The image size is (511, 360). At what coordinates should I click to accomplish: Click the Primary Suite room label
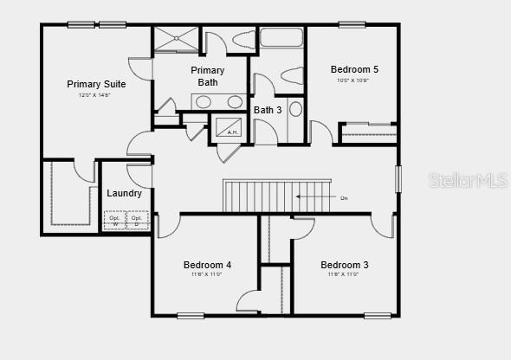pos(96,84)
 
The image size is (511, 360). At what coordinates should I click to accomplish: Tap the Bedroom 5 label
pos(354,69)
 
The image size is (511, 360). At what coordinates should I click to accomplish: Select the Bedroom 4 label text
pos(207,265)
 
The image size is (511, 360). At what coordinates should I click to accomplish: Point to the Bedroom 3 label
pos(344,265)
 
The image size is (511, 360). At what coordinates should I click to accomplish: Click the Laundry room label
pos(124,193)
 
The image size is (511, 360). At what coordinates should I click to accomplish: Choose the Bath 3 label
pos(268,110)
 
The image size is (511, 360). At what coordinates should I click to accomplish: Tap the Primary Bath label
pos(208,76)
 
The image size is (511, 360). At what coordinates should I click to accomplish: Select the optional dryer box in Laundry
pos(137,220)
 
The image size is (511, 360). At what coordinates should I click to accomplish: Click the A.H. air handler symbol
pos(230,126)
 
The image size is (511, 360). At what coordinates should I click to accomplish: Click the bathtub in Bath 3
pos(280,39)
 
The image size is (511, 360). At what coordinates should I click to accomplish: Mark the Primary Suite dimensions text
pos(94,95)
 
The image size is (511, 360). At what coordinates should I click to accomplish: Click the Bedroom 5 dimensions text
pos(353,80)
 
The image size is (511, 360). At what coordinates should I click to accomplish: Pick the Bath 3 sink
pos(295,109)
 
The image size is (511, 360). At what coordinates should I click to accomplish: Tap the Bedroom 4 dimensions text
pos(206,274)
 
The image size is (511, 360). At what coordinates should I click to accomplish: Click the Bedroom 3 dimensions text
pos(343,274)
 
